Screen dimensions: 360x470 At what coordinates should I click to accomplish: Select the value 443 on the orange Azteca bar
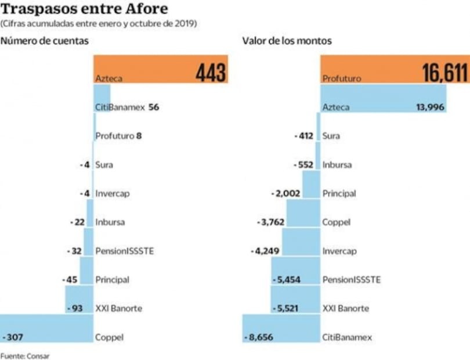(211, 73)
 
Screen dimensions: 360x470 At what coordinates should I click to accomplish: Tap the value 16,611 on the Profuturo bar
(444, 73)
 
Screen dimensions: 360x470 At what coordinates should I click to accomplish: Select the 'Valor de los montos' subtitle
(287, 41)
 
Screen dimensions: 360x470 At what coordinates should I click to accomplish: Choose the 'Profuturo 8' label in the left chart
(118, 136)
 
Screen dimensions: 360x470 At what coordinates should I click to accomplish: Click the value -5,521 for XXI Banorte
(285, 308)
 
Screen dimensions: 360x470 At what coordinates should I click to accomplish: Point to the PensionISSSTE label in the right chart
(351, 279)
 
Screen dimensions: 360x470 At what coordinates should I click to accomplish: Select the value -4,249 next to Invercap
(266, 251)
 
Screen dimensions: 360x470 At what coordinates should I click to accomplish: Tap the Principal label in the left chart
(112, 279)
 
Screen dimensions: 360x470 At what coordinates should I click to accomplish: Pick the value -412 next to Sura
(304, 136)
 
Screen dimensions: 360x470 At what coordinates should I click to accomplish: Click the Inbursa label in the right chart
(337, 164)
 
